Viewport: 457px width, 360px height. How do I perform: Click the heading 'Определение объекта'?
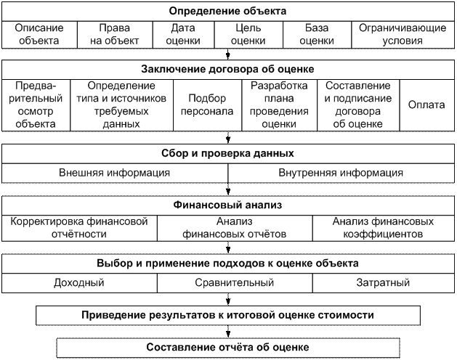coord(227,12)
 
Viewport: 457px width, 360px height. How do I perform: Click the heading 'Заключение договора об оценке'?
coord(227,70)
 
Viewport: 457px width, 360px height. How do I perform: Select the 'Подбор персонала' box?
coord(211,105)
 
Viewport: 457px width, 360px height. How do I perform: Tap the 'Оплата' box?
coord(426,105)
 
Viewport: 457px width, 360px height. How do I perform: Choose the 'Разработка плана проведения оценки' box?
coord(280,105)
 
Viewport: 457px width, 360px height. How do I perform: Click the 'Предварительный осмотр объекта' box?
coord(35,105)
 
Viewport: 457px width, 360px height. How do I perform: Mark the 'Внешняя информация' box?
coord(115,173)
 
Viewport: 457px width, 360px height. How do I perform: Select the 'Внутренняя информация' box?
coord(341,173)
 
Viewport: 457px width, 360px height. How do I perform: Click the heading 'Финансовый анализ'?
coord(227,205)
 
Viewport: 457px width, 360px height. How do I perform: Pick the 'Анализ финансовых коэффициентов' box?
coord(383,228)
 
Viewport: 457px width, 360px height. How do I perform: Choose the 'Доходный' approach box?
coord(76,282)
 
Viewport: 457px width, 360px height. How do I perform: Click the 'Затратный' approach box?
coord(383,282)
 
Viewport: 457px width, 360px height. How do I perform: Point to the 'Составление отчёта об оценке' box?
coord(227,348)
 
